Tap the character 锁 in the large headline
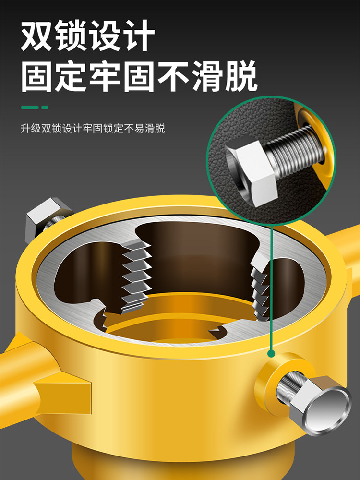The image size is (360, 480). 71,36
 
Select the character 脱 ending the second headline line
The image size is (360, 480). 241,76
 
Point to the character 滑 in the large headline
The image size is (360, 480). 207,76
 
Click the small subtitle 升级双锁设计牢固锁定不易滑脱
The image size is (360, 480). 93,128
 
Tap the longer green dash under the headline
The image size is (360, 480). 30,108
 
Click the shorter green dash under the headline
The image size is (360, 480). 45,108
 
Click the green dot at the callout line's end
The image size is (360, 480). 271,354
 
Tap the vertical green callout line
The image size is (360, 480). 271,288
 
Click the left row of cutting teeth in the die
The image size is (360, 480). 135,276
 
